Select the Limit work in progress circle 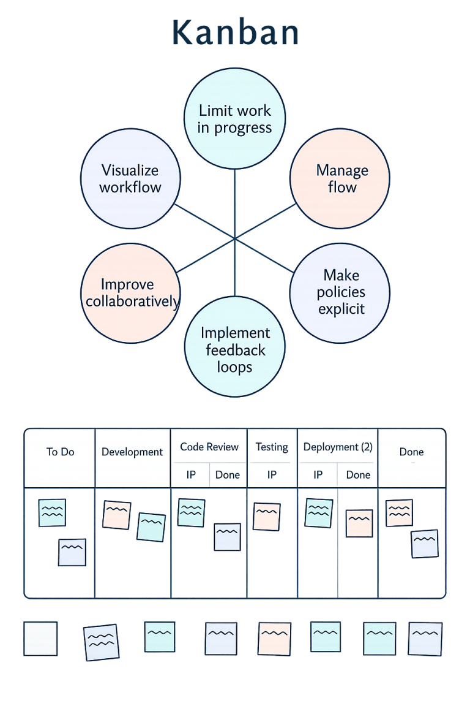[235, 119]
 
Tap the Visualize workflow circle [130, 178]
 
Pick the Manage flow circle [340, 178]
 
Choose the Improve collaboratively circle [130, 292]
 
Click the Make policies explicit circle [340, 292]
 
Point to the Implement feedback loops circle [235, 350]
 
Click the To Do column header [60, 452]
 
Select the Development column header [132, 452]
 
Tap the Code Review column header [209, 447]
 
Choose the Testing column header [272, 447]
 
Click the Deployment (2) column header [338, 447]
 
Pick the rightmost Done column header [411, 452]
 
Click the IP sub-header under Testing [272, 475]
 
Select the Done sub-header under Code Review [228, 475]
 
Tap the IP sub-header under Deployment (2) [318, 475]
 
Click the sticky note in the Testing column [266, 517]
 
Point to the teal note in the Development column [151, 527]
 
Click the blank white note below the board [40, 639]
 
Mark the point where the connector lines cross [235, 238]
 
